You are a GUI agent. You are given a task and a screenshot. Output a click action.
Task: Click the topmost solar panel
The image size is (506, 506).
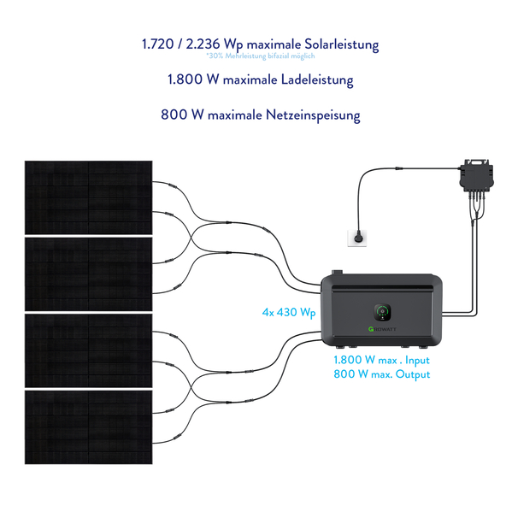pyautogui.click(x=88, y=197)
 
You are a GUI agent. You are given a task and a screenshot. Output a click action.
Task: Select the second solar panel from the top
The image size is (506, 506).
pyautogui.click(x=88, y=274)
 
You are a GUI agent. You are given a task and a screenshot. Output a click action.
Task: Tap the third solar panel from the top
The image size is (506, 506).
pyautogui.click(x=88, y=350)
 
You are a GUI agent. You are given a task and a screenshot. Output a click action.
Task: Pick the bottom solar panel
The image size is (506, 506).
pyautogui.click(x=88, y=427)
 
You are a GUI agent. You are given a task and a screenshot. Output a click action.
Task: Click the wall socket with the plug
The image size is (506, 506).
pyautogui.click(x=357, y=238)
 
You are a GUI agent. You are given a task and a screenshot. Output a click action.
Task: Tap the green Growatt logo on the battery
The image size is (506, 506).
pyautogui.click(x=382, y=329)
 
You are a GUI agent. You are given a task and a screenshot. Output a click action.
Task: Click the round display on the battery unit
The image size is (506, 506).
pyautogui.click(x=383, y=312)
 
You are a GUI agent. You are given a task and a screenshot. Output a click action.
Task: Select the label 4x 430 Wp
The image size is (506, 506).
pyautogui.click(x=289, y=313)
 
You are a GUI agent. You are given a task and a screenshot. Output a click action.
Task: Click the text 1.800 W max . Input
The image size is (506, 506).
pyautogui.click(x=381, y=360)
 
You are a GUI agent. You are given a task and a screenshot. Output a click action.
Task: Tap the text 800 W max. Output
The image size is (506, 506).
pyautogui.click(x=382, y=374)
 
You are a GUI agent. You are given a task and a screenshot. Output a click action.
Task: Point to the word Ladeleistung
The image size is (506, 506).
pyautogui.click(x=317, y=79)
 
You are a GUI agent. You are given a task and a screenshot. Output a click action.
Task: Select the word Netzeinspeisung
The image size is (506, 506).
pyautogui.click(x=313, y=115)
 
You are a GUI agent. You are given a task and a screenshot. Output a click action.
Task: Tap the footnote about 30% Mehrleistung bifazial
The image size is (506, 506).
pyautogui.click(x=261, y=56)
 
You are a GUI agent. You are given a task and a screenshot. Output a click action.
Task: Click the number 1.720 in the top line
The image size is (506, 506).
pyautogui.click(x=158, y=44)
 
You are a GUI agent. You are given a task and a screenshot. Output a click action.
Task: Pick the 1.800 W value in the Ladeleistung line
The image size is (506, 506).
pyautogui.click(x=193, y=79)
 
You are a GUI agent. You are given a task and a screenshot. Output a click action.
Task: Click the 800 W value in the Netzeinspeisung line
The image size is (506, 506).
pyautogui.click(x=182, y=115)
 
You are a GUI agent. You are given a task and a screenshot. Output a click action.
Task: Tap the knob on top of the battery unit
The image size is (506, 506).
pyautogui.click(x=338, y=273)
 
